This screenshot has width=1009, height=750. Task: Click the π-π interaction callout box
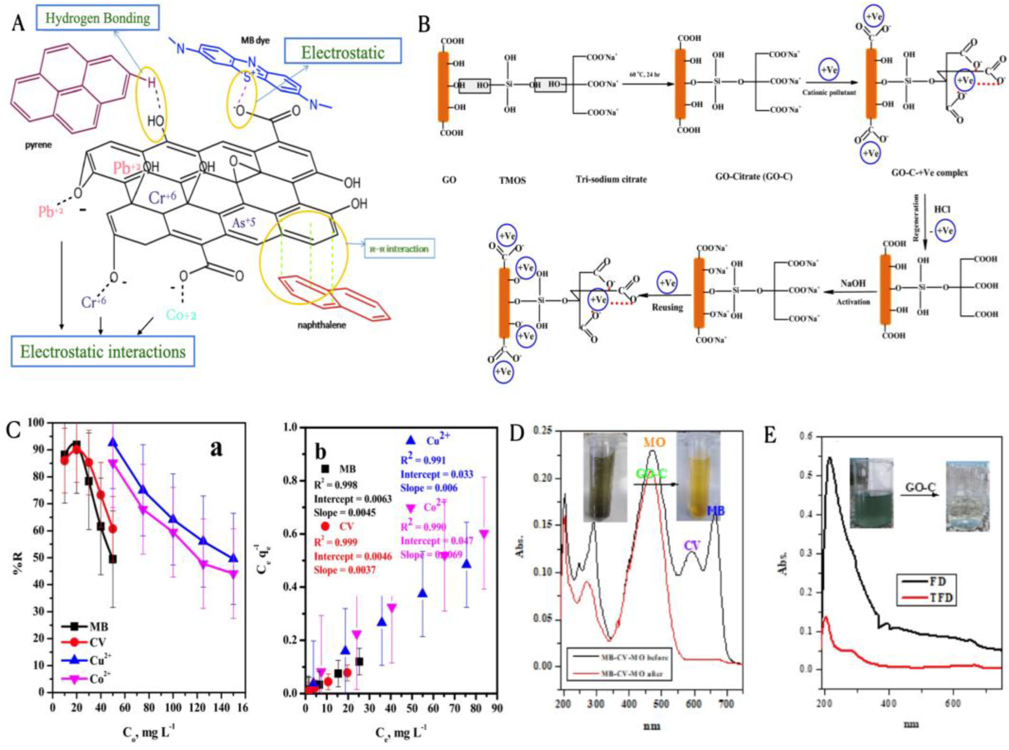[399, 249]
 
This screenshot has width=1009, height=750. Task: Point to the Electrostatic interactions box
[103, 352]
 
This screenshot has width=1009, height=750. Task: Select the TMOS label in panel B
[512, 180]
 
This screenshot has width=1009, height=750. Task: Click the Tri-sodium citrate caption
[611, 179]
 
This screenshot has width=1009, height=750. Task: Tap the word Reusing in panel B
[667, 307]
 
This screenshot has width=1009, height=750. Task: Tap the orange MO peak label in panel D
[653, 442]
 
